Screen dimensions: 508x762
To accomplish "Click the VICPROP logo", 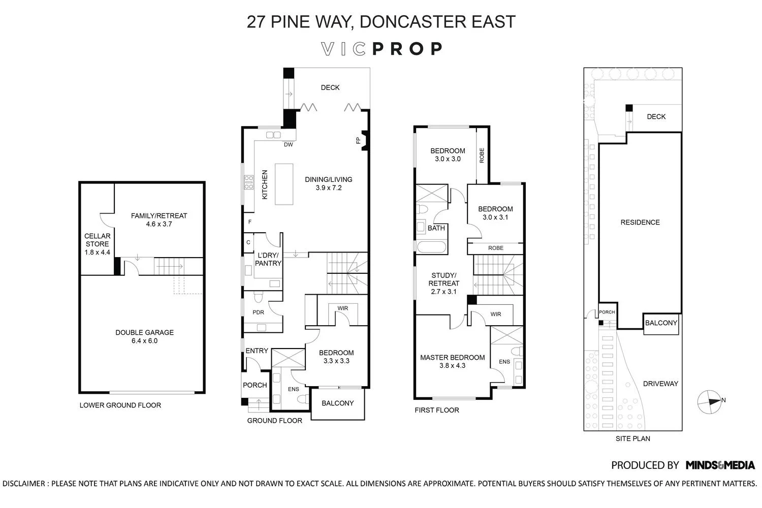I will coord(382,49).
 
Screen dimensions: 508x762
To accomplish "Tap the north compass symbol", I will coord(708,401).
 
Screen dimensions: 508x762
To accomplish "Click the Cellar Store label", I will coord(97,240).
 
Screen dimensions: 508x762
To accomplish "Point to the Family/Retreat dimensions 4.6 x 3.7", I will coord(159,224).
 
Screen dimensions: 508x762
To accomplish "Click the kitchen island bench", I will coord(284,184).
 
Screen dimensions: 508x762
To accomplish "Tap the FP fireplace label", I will coord(358,140).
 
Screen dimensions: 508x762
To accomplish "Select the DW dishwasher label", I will coord(289,145).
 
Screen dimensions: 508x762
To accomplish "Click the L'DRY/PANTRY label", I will coord(268,259).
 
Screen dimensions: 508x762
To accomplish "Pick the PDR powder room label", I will coord(258,312).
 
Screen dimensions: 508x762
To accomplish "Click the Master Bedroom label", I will coord(452,358).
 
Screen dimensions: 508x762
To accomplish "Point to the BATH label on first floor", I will coord(436,228).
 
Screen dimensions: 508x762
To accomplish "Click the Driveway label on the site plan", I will coord(660,384).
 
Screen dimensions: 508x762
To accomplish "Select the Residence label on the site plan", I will coord(640,223).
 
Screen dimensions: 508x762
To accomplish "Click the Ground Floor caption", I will coord(274,421).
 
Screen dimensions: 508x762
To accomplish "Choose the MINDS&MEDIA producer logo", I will coord(720,465).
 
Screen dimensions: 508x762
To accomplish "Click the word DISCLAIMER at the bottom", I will coord(24,484).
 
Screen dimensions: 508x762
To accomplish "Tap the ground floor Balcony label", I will coord(337,403).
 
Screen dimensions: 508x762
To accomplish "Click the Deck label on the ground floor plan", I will coord(330,88).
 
